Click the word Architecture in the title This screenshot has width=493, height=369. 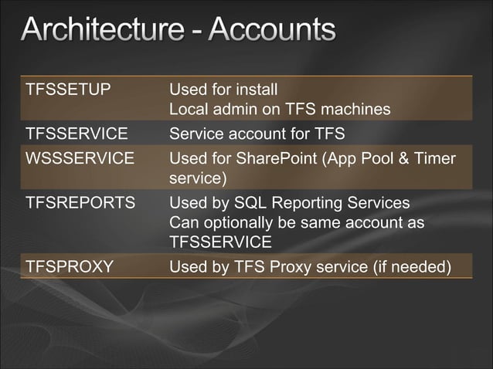click(x=98, y=31)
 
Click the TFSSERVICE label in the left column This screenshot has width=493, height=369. click(x=76, y=136)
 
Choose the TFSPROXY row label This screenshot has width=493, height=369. click(x=70, y=268)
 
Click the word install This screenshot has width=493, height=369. click(x=255, y=88)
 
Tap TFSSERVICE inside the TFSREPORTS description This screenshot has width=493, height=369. click(x=220, y=243)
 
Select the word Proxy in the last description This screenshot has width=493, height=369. click(x=289, y=268)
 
